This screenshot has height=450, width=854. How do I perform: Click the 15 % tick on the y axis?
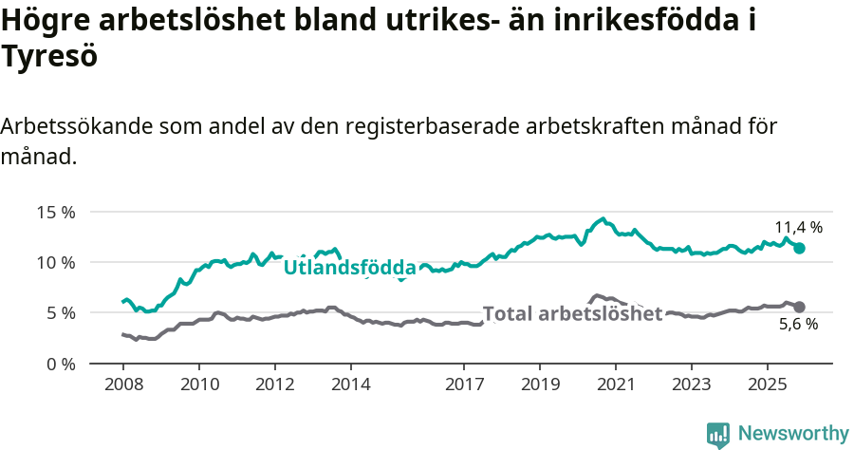coord(56,212)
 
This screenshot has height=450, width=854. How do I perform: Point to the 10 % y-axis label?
coord(56,262)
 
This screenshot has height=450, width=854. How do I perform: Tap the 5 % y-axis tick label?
coord(60,312)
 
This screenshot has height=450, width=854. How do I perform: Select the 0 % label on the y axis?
coord(60,364)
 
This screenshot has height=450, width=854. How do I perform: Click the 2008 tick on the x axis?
coord(123,384)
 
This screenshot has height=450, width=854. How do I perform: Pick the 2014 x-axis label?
coord(350,384)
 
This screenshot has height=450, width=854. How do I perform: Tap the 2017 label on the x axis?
coord(464,384)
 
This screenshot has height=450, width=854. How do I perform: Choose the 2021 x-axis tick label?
coord(616,384)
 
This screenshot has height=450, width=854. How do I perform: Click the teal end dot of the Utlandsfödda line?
coord(799,248)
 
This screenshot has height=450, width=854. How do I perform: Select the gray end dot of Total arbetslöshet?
coord(799,307)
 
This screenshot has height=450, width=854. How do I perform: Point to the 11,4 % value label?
coord(798,228)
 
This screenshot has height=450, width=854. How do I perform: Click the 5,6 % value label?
coord(798,325)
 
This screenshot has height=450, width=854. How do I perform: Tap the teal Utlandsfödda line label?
coord(349,268)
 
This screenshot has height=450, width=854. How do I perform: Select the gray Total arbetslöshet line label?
coord(572,314)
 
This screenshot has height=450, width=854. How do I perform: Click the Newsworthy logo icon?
coord(718,434)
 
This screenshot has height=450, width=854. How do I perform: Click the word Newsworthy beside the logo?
coord(793,434)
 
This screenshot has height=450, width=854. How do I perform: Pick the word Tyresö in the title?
coord(49,57)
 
